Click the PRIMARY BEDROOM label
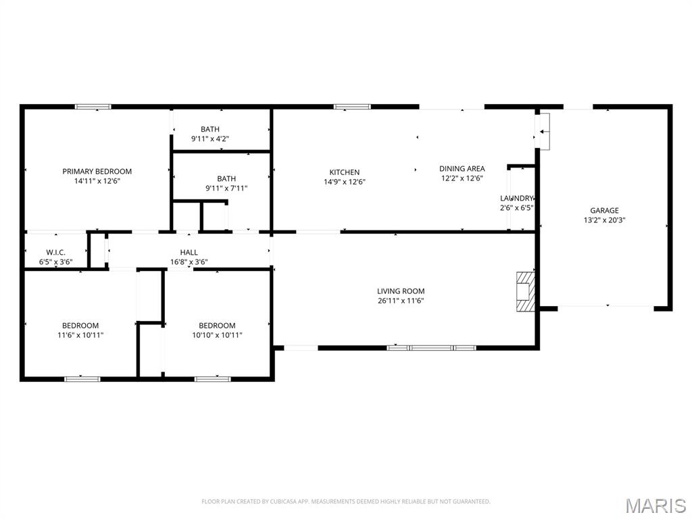(97, 171)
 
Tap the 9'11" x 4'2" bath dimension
(210, 139)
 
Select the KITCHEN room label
(344, 172)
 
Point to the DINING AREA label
(462, 168)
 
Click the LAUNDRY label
(516, 198)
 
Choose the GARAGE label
(605, 211)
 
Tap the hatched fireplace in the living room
(526, 292)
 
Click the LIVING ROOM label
(401, 291)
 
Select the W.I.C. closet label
(56, 253)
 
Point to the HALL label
(189, 253)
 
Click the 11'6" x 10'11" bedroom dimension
(80, 335)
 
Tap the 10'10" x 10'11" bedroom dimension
(217, 335)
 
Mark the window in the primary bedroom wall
(93, 106)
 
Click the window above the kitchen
(352, 106)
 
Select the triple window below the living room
(432, 348)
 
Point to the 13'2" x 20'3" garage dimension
(605, 220)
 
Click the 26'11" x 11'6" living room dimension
(401, 301)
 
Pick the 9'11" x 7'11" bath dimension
(226, 189)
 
